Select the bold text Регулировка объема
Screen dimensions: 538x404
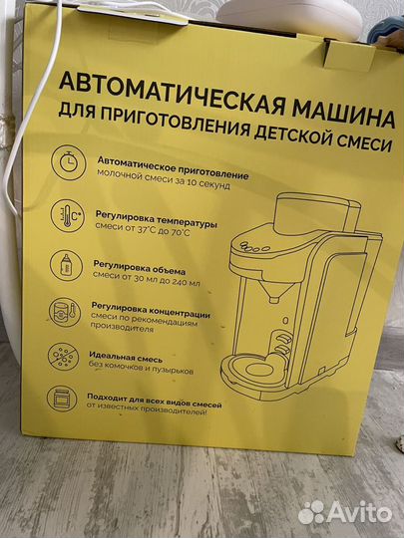[143, 264]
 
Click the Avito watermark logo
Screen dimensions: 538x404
[346, 511]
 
